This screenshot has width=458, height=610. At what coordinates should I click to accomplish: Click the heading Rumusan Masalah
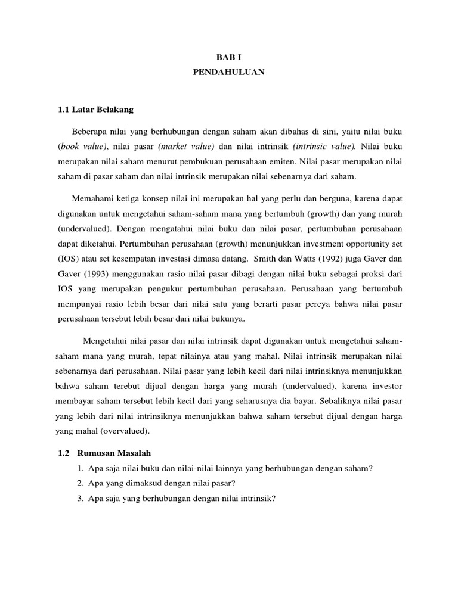[112, 453]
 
